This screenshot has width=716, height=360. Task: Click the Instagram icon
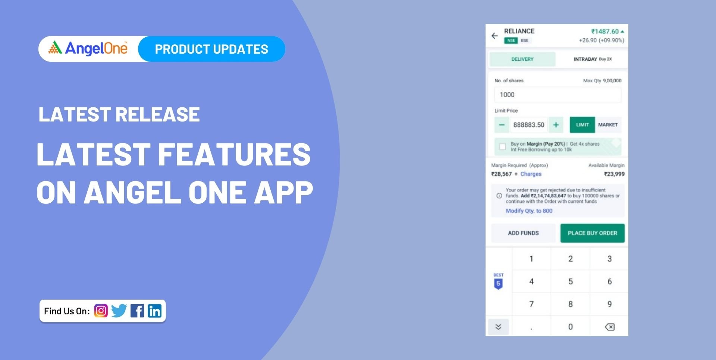(101, 311)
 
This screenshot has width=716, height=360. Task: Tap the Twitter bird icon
(119, 311)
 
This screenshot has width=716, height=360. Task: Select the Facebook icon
(137, 311)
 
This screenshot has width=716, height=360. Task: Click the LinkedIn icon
(155, 311)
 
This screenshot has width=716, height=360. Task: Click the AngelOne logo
(88, 48)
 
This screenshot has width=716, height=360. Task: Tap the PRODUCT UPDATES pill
(211, 49)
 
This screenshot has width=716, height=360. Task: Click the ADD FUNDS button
(523, 233)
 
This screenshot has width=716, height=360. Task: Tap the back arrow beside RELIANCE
(494, 36)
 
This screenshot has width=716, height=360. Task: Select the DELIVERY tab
(522, 59)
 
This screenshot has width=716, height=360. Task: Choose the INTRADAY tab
(592, 59)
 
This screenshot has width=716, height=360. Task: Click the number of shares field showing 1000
(558, 95)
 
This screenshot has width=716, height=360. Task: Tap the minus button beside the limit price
(502, 125)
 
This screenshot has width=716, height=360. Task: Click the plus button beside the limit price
(556, 125)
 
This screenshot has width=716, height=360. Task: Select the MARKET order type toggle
(608, 125)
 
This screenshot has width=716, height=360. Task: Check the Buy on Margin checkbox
(503, 147)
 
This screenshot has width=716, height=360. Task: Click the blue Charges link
(531, 174)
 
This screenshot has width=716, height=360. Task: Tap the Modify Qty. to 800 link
(529, 211)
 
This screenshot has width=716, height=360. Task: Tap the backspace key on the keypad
(609, 327)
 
